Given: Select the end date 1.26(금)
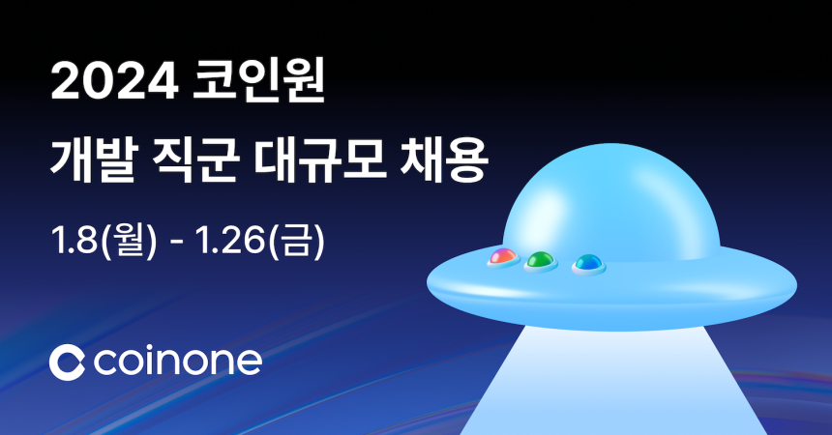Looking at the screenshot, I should coord(260,235).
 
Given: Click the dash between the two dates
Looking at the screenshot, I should coord(176,237).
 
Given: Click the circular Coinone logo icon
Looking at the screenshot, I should coord(67,362).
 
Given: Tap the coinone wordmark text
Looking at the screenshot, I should coord(179,362).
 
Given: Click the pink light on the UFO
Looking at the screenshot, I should coord(501,257).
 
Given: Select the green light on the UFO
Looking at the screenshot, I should coord(539,260).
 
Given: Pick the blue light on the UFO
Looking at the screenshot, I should coord(586,262).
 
